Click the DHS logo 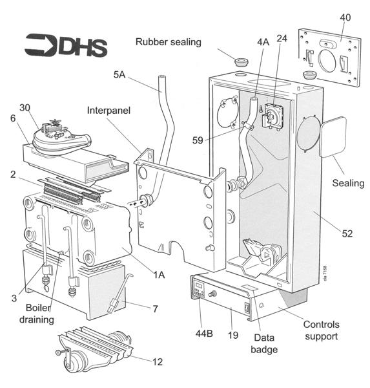click(x=65, y=45)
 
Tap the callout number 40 click(x=345, y=17)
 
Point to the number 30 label click(x=25, y=107)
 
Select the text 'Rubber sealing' click(x=169, y=42)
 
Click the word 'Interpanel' click(x=109, y=111)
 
